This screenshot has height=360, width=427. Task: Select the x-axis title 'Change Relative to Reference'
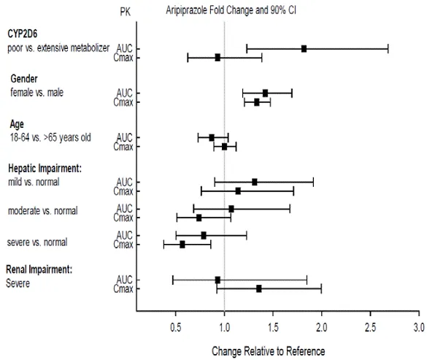click(x=268, y=351)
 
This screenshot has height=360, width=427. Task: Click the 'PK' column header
click(x=126, y=13)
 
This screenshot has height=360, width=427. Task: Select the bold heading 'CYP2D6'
click(x=24, y=34)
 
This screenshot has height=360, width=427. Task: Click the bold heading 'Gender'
click(x=24, y=78)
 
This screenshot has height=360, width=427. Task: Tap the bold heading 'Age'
click(x=17, y=123)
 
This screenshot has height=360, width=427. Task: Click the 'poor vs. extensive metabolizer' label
click(x=58, y=47)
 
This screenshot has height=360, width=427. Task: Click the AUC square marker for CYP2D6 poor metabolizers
click(x=304, y=48)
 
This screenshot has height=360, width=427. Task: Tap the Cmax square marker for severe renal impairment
click(x=259, y=288)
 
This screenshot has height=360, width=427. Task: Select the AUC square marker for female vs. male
click(x=265, y=93)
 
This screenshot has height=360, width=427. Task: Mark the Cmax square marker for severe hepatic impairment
click(x=182, y=244)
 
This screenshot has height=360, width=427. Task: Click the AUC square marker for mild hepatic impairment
click(x=254, y=182)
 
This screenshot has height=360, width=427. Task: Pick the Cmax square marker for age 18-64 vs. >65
click(x=224, y=146)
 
